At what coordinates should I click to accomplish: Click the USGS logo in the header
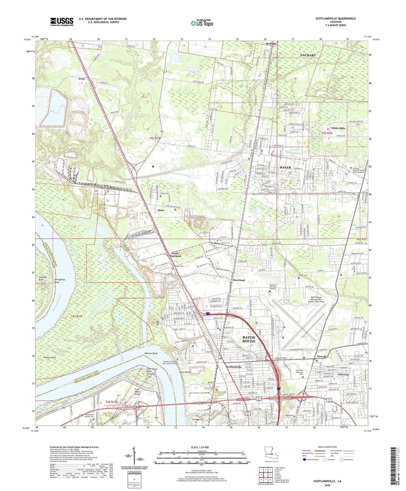click(62, 22)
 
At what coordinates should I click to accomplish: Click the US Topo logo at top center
click(201, 23)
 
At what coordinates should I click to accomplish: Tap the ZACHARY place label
click(308, 55)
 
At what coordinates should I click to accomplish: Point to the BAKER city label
click(285, 167)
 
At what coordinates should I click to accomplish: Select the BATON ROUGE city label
click(249, 339)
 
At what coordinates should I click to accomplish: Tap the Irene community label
click(81, 79)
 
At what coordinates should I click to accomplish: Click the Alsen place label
click(161, 210)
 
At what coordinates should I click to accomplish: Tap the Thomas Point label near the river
click(50, 358)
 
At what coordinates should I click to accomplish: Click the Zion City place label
click(343, 375)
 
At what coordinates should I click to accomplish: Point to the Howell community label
click(321, 356)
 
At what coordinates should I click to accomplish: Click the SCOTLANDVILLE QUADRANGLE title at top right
click(335, 19)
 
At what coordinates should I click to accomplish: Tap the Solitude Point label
click(41, 278)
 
